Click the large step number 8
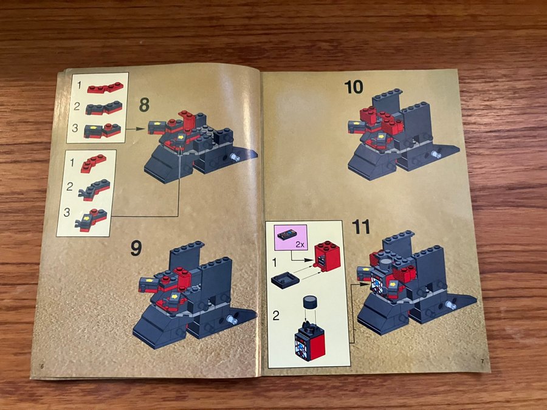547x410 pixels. coord(145,104)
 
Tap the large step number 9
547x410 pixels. coord(136,248)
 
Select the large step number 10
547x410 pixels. coord(353,87)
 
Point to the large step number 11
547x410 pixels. coord(361,227)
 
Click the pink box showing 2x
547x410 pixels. coord(291,237)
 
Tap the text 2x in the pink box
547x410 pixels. coord(300,245)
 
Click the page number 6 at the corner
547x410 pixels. coord(42,366)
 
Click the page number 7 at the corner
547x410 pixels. coord(483,361)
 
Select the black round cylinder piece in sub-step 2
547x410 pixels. coord(310,302)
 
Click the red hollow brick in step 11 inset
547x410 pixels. coord(327,256)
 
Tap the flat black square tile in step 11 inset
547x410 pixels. coord(285,280)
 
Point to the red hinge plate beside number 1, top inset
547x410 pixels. coord(105,87)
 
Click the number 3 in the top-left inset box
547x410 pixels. coord(75,128)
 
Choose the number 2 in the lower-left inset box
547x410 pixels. coord(69,186)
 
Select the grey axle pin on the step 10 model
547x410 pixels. coord(436,154)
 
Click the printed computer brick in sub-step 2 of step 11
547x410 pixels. coord(310,342)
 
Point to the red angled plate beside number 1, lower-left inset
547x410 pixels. coord(93,163)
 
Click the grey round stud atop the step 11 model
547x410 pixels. coord(386,263)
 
